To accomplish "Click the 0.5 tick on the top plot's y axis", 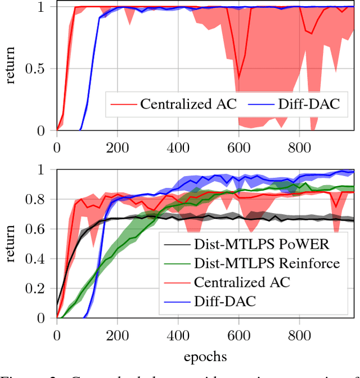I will coord(39,69).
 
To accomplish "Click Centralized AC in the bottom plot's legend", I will coord(241,282).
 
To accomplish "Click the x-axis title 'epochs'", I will coord(205,357).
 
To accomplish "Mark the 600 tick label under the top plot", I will coord(238,147).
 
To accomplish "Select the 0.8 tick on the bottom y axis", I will coord(39,199).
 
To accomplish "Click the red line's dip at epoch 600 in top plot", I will coord(238,78).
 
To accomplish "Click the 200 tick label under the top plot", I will coord(117,147).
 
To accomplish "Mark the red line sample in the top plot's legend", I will coord(124,105).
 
